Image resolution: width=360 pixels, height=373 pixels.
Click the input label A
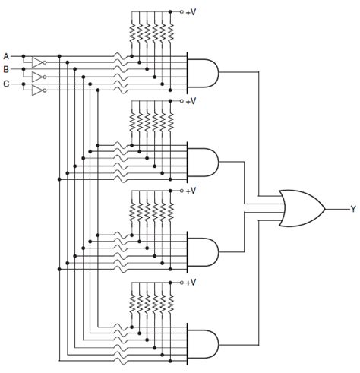click(6, 56)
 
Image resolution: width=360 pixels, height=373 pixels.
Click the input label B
click(6, 69)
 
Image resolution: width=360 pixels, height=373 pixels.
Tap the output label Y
click(352, 208)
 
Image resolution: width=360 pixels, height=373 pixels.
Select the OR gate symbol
click(300, 208)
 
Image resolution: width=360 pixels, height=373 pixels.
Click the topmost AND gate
click(202, 72)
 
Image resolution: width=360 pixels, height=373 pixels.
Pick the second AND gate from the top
click(202, 161)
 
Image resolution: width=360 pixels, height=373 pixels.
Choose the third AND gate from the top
click(202, 251)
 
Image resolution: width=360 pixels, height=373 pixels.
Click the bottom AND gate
click(202, 340)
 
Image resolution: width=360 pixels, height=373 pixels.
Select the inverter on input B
click(37, 77)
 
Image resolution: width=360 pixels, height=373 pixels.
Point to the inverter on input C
click(37, 90)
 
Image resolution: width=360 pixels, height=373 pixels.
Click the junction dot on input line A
click(24, 56)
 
